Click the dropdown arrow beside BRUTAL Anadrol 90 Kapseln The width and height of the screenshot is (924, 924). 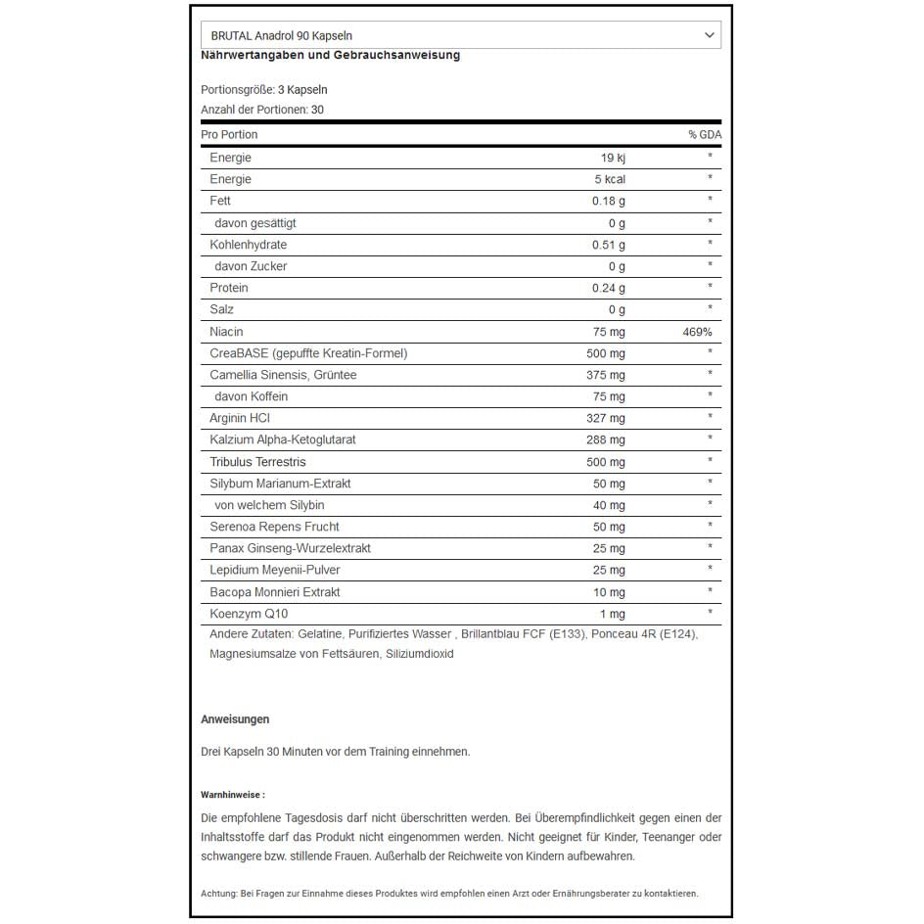tap(710, 35)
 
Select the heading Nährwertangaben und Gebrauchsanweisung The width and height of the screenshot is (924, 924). tap(330, 56)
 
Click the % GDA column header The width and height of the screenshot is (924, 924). tap(704, 135)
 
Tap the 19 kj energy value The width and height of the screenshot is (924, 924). tap(612, 158)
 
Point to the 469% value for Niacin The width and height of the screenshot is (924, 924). tap(697, 332)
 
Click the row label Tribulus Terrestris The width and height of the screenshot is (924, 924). tap(257, 462)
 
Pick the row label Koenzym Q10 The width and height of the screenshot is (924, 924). tap(249, 614)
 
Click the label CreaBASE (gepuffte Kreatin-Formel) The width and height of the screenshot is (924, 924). tap(308, 353)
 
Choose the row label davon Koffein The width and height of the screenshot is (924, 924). tap(251, 396)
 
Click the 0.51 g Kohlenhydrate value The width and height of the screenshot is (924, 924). tap(608, 245)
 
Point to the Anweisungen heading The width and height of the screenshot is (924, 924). tap(235, 719)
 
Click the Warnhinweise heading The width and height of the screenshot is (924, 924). tap(232, 795)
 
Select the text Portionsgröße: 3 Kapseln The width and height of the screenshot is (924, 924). tap(264, 90)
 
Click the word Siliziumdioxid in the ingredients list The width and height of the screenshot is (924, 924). tap(420, 654)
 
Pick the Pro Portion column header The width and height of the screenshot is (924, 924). tap(229, 135)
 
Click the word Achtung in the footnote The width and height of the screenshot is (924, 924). tap(219, 893)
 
